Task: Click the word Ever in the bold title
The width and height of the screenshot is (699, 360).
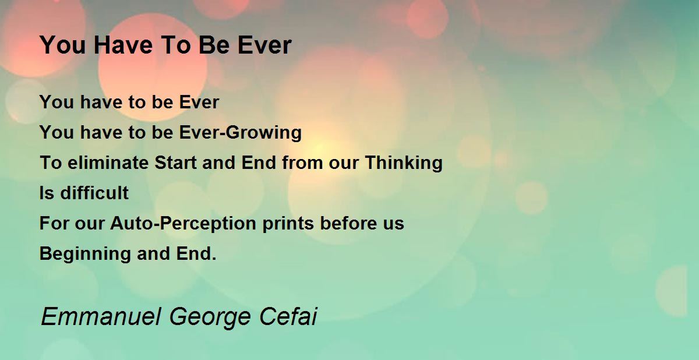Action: click(x=264, y=45)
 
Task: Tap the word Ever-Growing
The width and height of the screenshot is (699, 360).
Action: click(x=240, y=133)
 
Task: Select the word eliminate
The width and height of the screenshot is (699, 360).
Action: click(x=108, y=163)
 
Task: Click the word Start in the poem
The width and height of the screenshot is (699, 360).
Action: click(x=175, y=163)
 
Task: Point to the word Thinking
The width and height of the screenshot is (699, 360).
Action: click(x=404, y=163)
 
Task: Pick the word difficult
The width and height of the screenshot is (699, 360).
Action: click(x=94, y=193)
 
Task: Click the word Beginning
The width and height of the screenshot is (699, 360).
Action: click(x=85, y=254)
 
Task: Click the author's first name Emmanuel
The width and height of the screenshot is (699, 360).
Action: click(x=101, y=316)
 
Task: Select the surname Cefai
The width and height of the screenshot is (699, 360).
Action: click(x=288, y=316)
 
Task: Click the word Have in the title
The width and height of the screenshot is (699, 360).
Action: click(x=123, y=45)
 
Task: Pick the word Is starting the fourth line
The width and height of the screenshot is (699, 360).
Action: click(x=47, y=193)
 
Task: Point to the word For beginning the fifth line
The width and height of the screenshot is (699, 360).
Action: click(x=54, y=223)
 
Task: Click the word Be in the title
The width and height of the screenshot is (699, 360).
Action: click(x=214, y=45)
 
